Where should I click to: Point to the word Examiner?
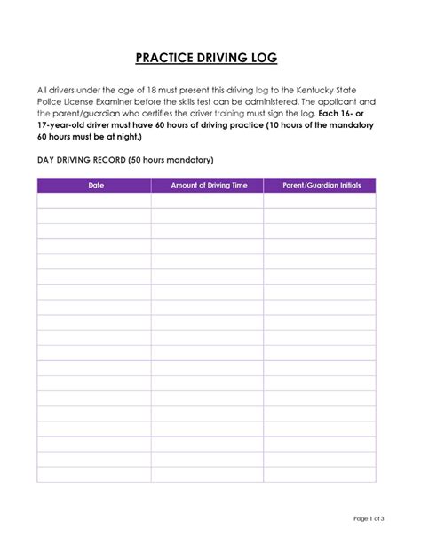[125, 102]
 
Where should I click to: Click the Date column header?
[94, 186]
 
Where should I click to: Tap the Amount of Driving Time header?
[207, 186]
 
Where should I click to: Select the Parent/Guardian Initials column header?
[320, 186]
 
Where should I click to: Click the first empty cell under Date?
[94, 201]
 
